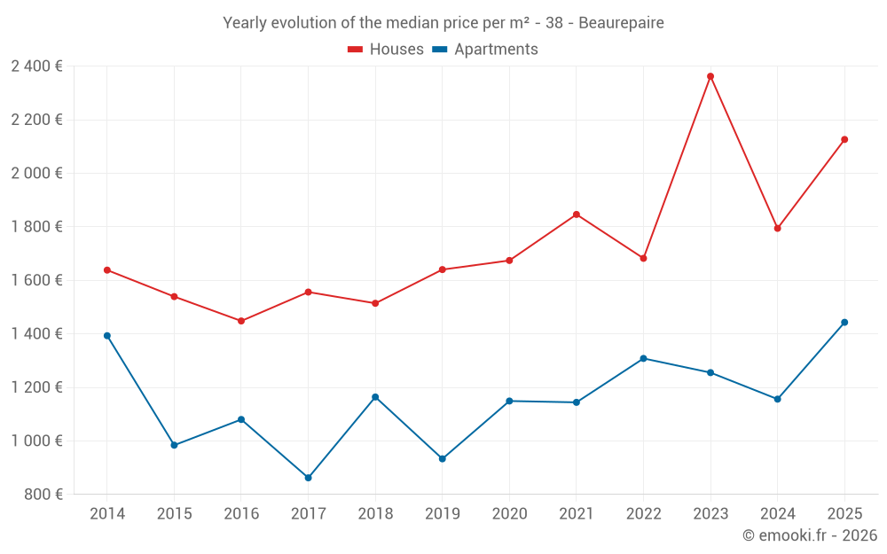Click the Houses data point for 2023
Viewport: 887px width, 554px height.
pos(710,76)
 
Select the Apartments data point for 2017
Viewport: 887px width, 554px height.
pos(308,478)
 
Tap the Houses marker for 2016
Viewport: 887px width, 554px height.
pos(241,321)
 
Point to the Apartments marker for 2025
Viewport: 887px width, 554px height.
pos(844,323)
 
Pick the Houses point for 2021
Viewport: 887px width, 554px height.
pos(577,215)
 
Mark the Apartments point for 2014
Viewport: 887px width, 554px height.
pos(107,336)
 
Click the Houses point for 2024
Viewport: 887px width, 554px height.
pos(778,229)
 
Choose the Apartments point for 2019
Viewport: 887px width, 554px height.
pos(443,459)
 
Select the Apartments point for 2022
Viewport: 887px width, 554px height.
pos(644,359)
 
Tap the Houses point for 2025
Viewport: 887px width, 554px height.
pos(844,139)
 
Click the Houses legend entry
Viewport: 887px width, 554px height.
pos(386,50)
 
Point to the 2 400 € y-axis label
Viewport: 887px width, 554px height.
pos(36,66)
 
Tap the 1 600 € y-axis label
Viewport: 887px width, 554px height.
pos(36,280)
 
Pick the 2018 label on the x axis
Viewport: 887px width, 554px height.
pos(375,514)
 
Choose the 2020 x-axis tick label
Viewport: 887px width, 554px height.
pos(509,514)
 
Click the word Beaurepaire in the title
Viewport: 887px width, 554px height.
pos(621,23)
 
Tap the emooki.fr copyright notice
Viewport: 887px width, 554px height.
pos(810,535)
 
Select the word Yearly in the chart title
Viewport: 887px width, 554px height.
pos(246,23)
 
